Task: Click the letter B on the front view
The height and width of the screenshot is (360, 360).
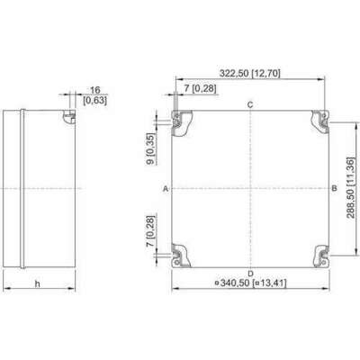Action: click(x=334, y=189)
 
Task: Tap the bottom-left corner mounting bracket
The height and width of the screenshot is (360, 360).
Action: click(x=184, y=256)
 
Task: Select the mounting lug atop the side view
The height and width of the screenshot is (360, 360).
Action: click(x=67, y=116)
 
